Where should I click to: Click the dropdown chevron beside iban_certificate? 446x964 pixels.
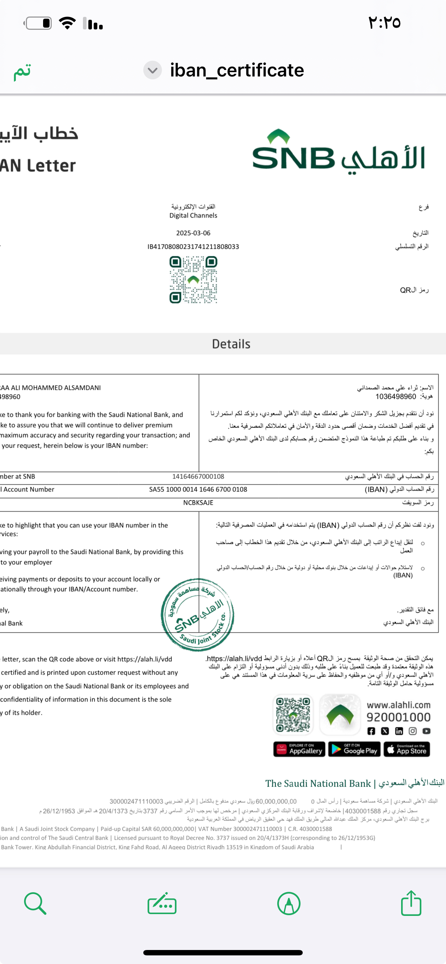click(x=152, y=70)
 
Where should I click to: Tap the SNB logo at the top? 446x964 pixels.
click(x=338, y=152)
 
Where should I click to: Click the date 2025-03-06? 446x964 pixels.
click(x=193, y=233)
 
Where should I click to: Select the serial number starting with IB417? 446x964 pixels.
click(x=193, y=247)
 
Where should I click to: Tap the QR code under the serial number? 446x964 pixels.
click(x=193, y=280)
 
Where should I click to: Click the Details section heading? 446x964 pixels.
click(x=231, y=344)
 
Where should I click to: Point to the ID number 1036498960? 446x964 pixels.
click(x=395, y=397)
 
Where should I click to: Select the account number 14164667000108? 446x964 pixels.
click(x=198, y=476)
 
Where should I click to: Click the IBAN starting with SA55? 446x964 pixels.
click(x=198, y=489)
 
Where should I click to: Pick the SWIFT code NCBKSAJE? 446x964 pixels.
click(x=198, y=503)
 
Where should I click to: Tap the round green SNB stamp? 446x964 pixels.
click(x=197, y=614)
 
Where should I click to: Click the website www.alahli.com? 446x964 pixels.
click(x=399, y=705)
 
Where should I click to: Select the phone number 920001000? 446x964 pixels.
click(x=399, y=717)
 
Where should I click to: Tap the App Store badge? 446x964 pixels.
click(x=407, y=749)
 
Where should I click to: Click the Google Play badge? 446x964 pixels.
click(x=354, y=749)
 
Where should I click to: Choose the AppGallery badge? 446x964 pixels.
click(x=299, y=749)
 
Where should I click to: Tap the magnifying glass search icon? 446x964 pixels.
click(x=35, y=903)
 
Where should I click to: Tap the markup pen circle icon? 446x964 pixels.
click(x=288, y=903)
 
